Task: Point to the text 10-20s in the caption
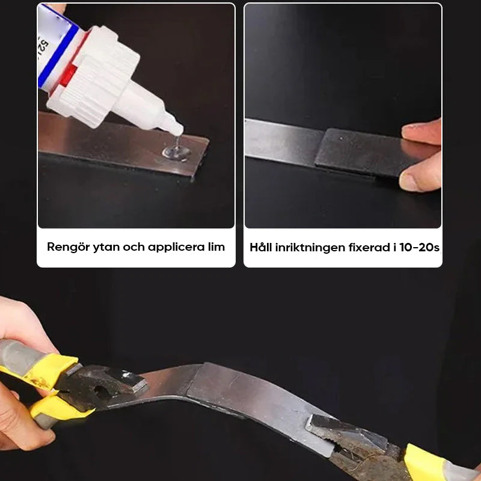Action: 420,247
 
